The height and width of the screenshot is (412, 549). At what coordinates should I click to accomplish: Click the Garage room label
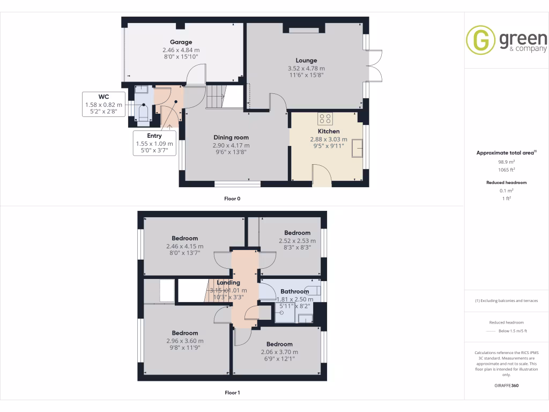[181, 42]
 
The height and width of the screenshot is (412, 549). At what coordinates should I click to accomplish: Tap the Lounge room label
[306, 61]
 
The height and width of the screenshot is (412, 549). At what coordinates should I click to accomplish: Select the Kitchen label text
[328, 131]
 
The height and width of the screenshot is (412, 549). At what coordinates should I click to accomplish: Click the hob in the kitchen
[325, 119]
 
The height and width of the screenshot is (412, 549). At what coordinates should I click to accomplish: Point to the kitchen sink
[357, 152]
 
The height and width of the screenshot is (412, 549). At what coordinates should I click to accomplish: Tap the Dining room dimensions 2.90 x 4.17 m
[232, 145]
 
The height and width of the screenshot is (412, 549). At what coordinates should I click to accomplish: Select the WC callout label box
[104, 104]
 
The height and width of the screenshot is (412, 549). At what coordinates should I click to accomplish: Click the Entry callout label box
[154, 143]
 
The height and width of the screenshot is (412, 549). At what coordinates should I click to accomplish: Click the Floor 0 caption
[232, 198]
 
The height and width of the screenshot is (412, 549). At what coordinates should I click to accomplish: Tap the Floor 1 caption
[232, 393]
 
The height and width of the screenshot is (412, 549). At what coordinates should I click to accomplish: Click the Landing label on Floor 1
[228, 283]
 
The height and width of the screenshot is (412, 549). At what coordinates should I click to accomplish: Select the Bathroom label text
[294, 292]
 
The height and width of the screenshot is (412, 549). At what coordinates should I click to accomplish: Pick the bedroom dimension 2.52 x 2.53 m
[297, 241]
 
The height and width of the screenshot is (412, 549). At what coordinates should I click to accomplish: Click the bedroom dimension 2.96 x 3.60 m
[185, 341]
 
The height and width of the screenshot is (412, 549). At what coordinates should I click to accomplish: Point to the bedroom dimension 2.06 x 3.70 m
[279, 352]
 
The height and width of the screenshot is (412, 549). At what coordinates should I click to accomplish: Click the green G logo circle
[480, 40]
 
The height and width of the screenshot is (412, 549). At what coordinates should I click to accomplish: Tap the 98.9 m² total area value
[506, 161]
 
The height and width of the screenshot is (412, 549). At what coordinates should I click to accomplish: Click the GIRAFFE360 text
[506, 385]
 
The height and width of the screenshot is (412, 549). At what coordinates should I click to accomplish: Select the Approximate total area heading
[505, 153]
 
